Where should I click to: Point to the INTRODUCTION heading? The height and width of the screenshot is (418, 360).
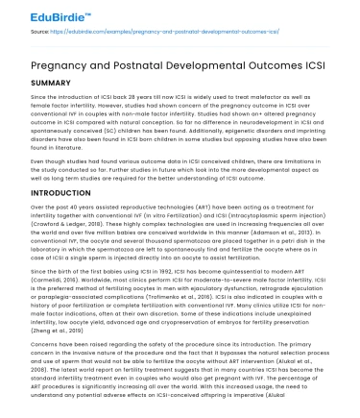coord(50,195)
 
